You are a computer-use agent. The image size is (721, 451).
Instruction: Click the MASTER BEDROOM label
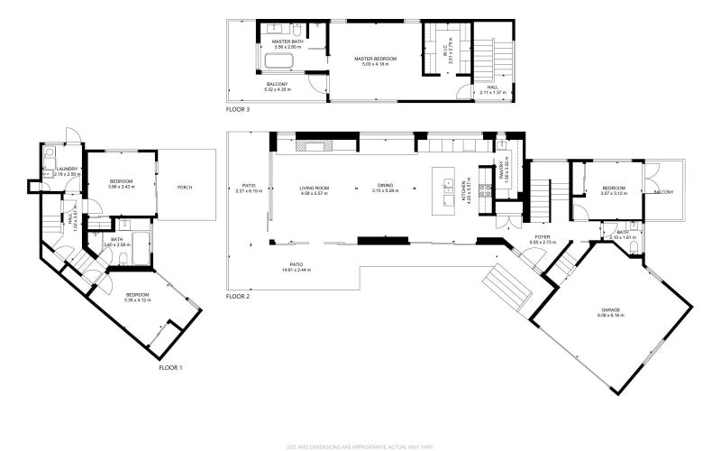coord(375,59)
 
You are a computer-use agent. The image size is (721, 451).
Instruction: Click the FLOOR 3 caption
coord(238,109)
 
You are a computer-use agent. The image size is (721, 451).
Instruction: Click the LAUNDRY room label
coord(67,169)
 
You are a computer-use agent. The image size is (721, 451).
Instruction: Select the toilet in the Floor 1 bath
coord(123,260)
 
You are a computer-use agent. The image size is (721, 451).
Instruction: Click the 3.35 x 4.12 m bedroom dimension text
coord(137,300)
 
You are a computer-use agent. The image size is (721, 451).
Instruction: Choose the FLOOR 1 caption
coord(170,368)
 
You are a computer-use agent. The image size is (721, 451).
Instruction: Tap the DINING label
coord(385,186)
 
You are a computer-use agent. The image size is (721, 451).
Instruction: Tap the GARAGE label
coord(610,309)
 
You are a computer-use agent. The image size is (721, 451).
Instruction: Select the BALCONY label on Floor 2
coord(664,192)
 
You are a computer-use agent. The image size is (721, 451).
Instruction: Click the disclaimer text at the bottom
coord(360,446)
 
